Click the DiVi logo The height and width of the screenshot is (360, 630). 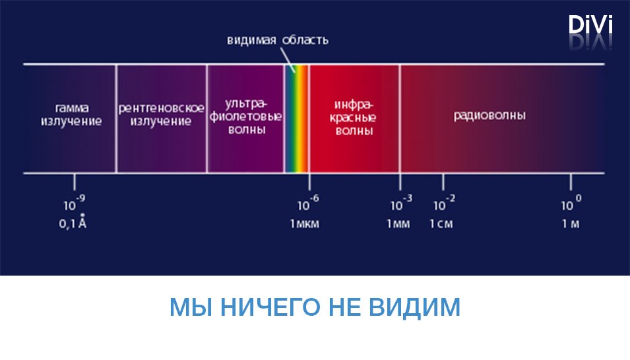(590, 25)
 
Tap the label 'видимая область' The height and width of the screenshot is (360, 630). (278, 40)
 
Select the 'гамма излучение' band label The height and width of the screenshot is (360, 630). (71, 115)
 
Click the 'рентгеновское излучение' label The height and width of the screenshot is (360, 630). (161, 115)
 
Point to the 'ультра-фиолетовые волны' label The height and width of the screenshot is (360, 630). (246, 117)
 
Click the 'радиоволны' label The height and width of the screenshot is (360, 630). (489, 115)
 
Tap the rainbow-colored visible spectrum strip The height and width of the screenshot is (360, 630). (297, 119)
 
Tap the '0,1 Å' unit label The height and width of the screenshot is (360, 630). (73, 222)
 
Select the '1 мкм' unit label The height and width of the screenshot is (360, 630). (305, 224)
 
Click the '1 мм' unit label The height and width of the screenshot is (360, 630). (398, 224)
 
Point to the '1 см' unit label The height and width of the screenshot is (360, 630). (441, 224)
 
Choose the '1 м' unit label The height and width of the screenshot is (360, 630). (571, 224)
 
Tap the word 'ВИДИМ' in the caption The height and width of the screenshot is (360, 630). (415, 307)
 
